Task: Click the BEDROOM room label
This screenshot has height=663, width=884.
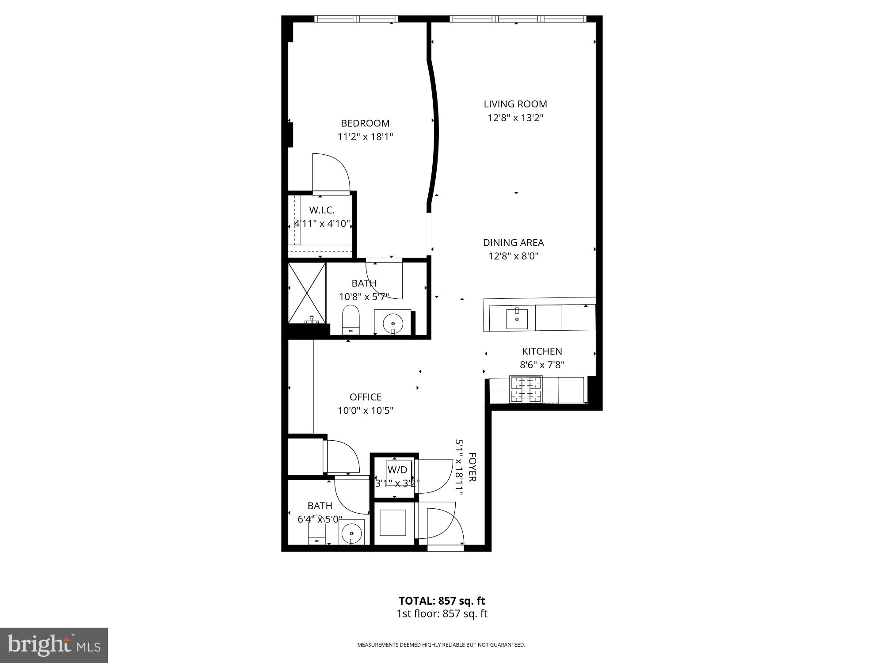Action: pos(365,123)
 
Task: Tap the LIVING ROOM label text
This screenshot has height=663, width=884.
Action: pos(515,104)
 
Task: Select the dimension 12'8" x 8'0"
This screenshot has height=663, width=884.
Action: pos(513,256)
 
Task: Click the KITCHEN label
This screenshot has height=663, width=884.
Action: pos(542,351)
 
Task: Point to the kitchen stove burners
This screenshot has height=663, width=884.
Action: pos(526,389)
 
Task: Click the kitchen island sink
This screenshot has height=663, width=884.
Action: pos(517,319)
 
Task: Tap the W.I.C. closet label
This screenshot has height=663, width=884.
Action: pos(321,210)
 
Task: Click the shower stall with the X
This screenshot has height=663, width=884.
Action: pos(307,293)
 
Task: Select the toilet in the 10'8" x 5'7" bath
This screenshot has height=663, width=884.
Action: pos(351,320)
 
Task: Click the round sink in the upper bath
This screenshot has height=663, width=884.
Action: pos(392,323)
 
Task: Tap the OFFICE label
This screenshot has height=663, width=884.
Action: pos(365,397)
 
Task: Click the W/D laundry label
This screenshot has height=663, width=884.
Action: pos(397,470)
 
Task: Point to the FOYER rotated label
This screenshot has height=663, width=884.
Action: pos(472,467)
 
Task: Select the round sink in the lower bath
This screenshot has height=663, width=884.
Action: pos(352,533)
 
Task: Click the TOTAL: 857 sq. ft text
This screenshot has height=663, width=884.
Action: pos(442,601)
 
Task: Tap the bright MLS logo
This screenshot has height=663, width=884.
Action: pos(54,645)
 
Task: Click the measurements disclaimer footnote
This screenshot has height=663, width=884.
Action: pos(441,645)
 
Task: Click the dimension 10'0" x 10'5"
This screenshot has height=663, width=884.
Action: pos(365,411)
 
